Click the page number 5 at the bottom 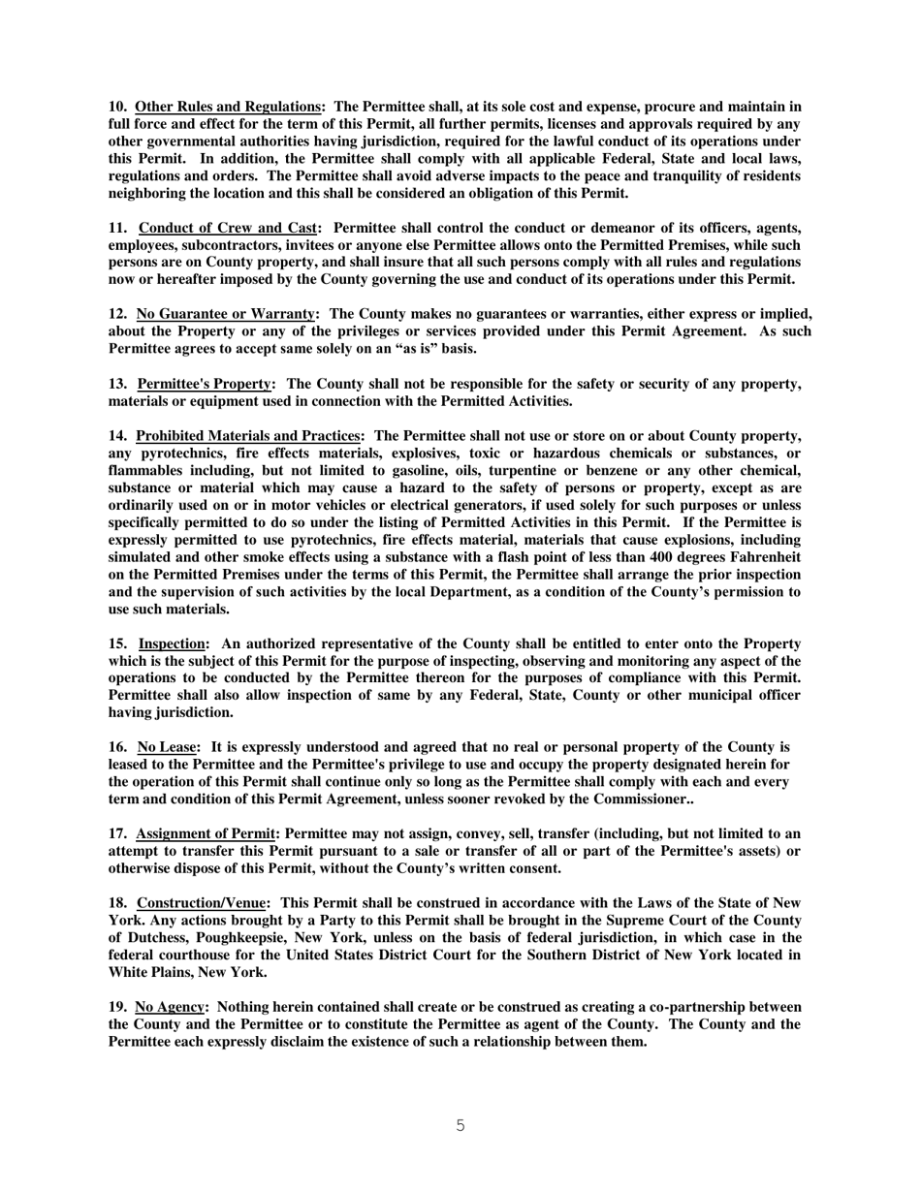point(460,1125)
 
